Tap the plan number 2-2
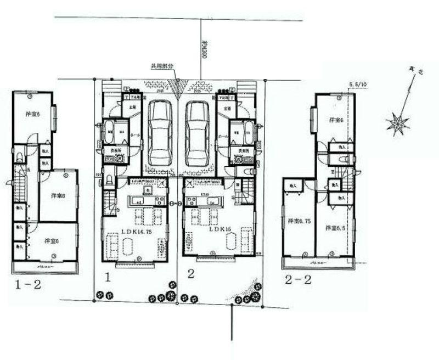(x=299, y=280)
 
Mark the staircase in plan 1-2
(x=22, y=187)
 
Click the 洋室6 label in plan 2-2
(x=336, y=120)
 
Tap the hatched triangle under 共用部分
(x=177, y=86)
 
